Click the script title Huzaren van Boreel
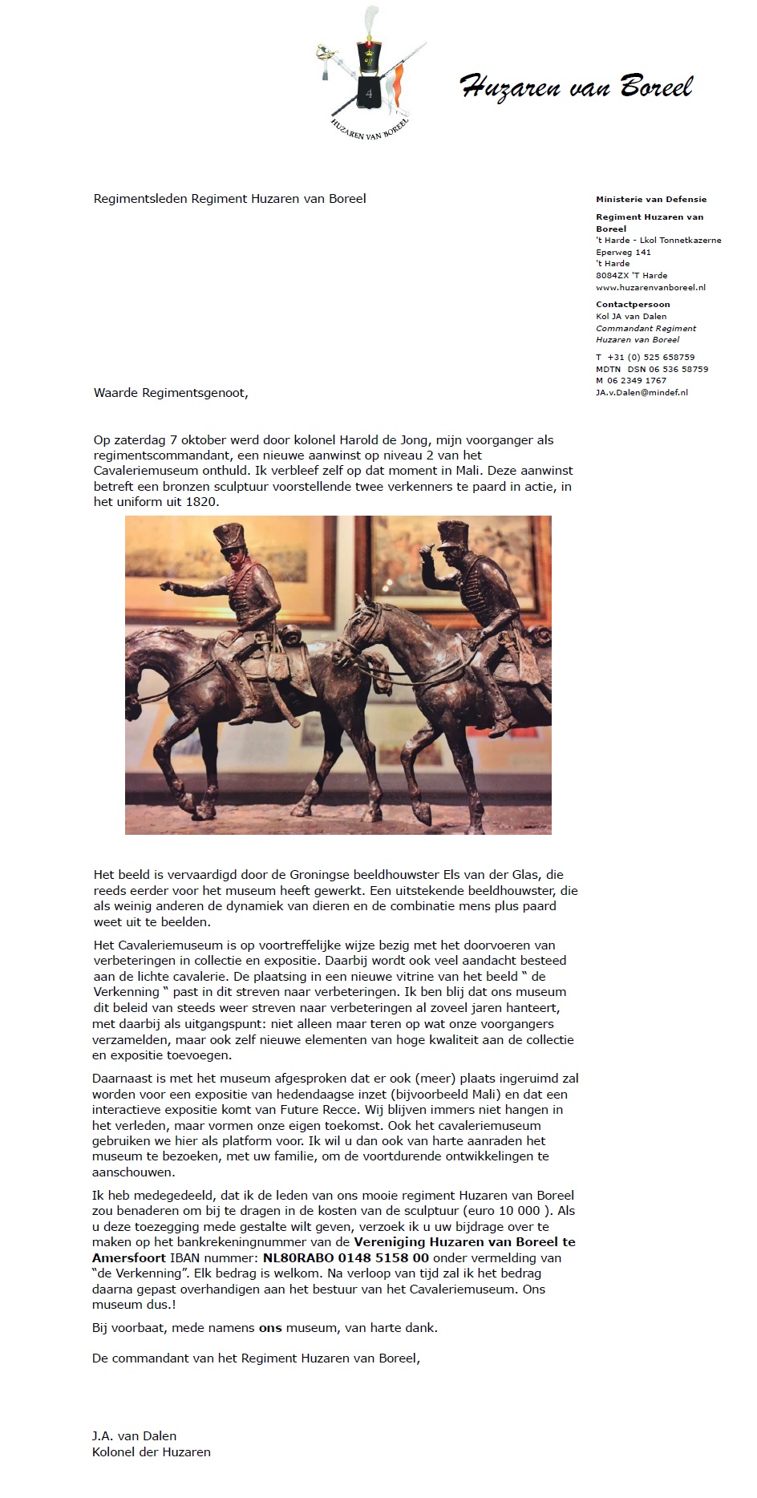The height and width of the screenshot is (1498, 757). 576,86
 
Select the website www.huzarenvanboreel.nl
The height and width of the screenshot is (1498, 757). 650,287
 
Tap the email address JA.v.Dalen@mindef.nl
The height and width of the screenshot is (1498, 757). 642,392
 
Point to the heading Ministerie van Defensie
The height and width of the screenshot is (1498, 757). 651,199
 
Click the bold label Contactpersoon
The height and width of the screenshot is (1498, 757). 633,304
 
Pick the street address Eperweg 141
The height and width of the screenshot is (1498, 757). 623,252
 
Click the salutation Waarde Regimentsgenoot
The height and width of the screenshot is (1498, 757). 171,393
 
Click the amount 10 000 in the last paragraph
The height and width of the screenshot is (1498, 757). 516,1211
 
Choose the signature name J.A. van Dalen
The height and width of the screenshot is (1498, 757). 134,1435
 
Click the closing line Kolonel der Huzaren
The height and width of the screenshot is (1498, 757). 151,1451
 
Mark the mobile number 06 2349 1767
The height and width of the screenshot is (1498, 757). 637,381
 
